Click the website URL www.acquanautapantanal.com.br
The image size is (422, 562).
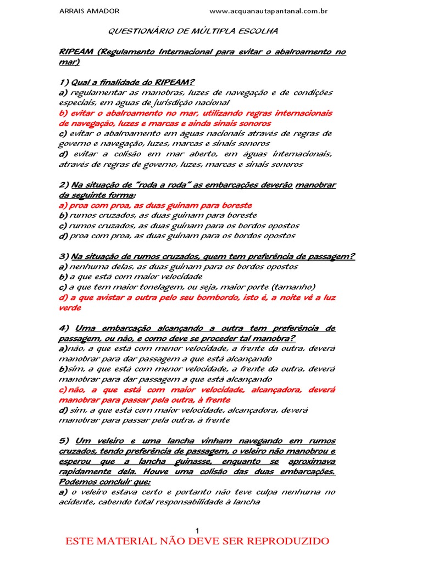269,11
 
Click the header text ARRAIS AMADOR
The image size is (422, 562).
88,11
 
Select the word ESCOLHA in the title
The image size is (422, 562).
256,32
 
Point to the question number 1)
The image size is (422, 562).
64,82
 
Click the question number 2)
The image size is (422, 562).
64,185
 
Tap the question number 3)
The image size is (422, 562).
64,256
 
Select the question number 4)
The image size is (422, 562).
64,328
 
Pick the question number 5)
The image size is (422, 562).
64,441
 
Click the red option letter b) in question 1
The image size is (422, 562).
62,113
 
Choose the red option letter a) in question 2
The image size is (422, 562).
62,205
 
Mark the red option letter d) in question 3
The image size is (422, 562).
62,297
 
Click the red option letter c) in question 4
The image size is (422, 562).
63,390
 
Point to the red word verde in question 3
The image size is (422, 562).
70,308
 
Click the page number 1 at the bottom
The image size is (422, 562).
197,530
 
